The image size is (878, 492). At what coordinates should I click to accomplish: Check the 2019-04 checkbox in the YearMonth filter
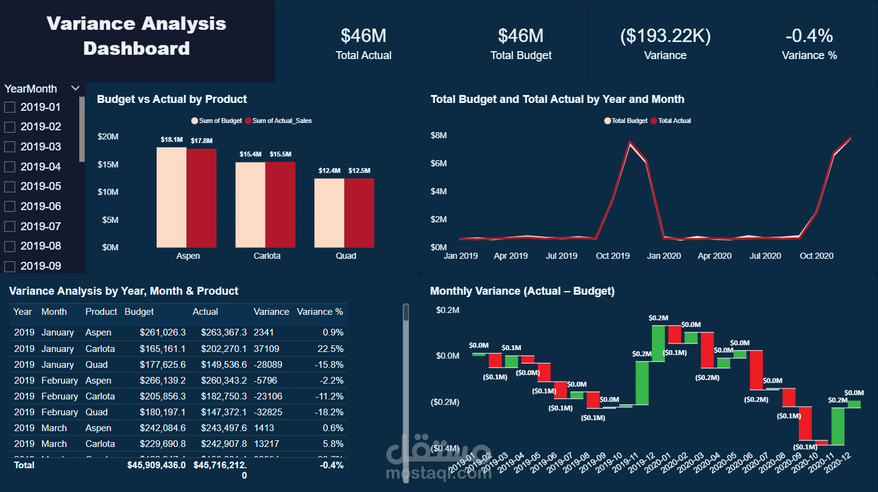tap(10, 167)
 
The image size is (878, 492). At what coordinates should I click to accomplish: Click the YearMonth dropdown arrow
tap(76, 88)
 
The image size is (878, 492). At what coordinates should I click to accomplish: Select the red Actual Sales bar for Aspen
tap(201, 198)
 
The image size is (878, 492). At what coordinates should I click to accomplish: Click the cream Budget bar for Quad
tap(329, 213)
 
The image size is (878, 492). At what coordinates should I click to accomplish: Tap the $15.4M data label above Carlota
tap(250, 155)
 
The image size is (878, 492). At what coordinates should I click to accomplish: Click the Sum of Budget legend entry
tap(217, 121)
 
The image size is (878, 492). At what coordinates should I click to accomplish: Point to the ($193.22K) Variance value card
tap(665, 36)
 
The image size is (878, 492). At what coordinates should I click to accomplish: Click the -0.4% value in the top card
tap(809, 36)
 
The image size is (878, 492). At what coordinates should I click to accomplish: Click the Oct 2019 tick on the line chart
tap(612, 256)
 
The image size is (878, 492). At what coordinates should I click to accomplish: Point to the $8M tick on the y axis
tap(439, 135)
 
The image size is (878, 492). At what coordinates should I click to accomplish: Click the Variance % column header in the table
tap(320, 312)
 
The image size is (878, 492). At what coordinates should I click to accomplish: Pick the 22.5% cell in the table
tap(333, 349)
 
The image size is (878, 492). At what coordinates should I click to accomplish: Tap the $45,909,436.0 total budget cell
tap(156, 465)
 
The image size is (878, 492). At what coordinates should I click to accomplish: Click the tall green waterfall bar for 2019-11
tap(642, 383)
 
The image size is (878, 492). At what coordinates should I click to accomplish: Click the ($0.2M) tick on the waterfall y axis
tap(445, 402)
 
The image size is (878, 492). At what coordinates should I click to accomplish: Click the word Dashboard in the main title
tap(136, 49)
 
